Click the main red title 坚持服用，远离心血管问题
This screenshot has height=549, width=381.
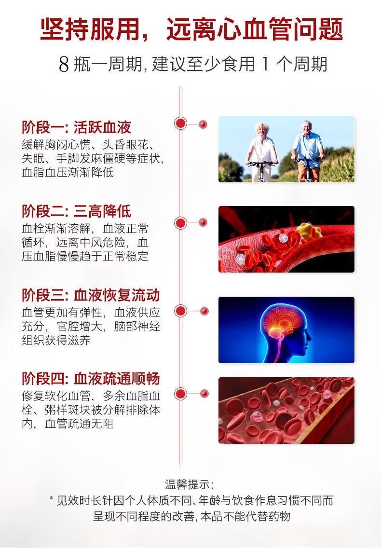pos(191,29)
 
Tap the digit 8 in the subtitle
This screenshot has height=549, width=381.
pos(64,65)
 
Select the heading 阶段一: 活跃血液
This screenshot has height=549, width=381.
pos(76,127)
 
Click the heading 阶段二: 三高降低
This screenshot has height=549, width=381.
pos(76,211)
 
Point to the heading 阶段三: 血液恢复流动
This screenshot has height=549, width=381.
pos(91,295)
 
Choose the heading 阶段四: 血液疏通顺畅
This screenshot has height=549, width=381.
pos(91,379)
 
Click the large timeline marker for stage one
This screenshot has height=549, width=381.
pos(180,123)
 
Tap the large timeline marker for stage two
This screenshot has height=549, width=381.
pos(180,223)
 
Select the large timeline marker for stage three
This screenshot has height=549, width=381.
pos(180,311)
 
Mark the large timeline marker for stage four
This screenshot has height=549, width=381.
pos(180,394)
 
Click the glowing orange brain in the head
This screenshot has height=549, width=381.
pos(282,324)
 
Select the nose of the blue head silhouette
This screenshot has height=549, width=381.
pos(309,338)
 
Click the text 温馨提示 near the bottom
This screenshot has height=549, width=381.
pos(189,484)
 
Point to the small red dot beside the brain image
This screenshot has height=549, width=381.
pos(204,311)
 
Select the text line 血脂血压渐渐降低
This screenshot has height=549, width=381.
pos(68,172)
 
